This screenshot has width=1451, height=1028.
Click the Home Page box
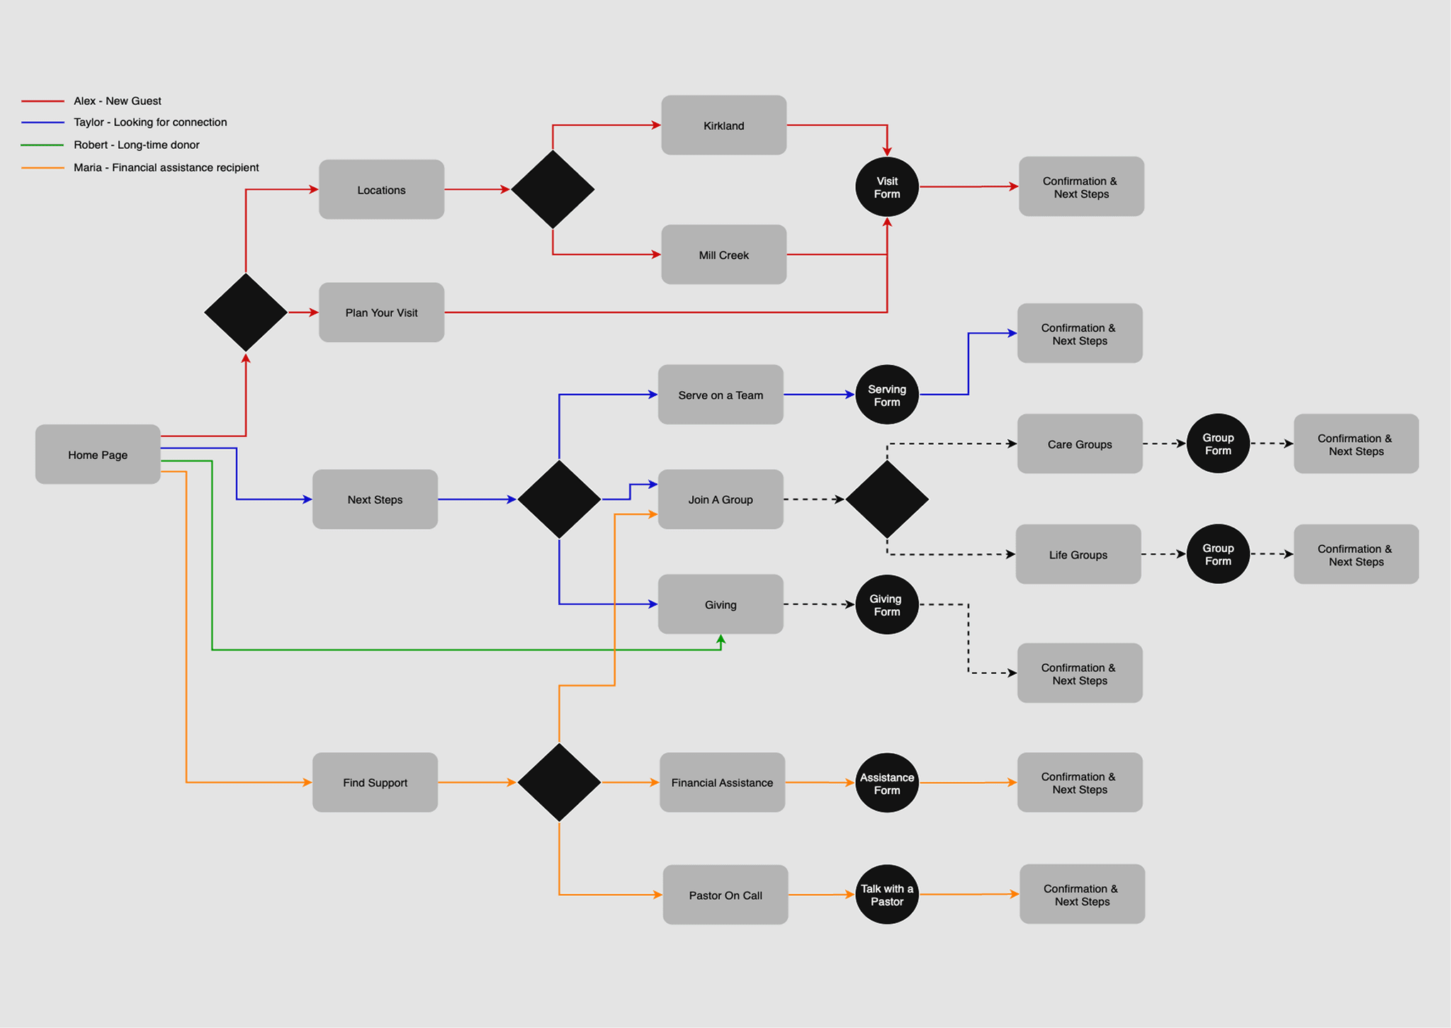pyautogui.click(x=98, y=454)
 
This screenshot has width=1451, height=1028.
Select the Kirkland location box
pyautogui.click(x=723, y=125)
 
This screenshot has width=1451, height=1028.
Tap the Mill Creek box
pyautogui.click(x=723, y=255)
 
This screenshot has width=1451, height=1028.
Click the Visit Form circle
pyautogui.click(x=886, y=187)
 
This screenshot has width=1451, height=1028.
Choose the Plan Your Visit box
pyautogui.click(x=381, y=312)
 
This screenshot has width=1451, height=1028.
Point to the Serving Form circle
pyautogui.click(x=886, y=395)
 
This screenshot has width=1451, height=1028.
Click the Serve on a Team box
pyautogui.click(x=720, y=395)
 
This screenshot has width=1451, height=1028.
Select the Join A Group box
pyautogui.click(x=720, y=499)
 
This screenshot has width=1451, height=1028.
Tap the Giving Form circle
pyautogui.click(x=886, y=604)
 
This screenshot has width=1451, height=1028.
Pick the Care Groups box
pyautogui.click(x=1079, y=444)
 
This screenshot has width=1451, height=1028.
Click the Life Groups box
pyautogui.click(x=1078, y=555)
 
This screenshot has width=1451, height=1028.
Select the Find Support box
pyautogui.click(x=375, y=782)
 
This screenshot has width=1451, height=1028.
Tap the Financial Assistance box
pyautogui.click(x=722, y=782)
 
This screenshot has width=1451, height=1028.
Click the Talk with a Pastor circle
pyautogui.click(x=886, y=894)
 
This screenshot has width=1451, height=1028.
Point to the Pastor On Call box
pyautogui.click(x=725, y=895)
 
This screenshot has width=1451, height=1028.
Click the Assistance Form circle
pyautogui.click(x=886, y=783)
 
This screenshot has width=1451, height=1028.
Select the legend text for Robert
pyautogui.click(x=137, y=145)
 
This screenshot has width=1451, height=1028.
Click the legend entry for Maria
pyautogui.click(x=166, y=167)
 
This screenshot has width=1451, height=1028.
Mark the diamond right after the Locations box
pyautogui.click(x=553, y=189)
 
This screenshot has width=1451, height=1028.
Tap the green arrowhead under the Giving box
pyautogui.click(x=721, y=640)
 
